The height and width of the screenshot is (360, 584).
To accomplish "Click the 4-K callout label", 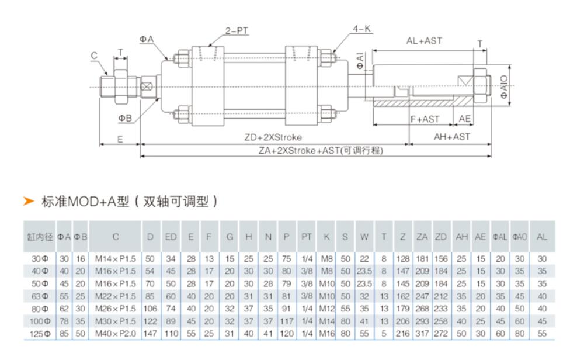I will (x=361, y=28).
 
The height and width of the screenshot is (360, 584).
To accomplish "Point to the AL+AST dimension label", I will (x=425, y=41).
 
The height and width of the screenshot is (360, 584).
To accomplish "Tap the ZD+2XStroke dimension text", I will (x=273, y=138).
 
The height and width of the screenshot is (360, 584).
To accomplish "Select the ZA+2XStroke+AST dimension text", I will (x=321, y=151).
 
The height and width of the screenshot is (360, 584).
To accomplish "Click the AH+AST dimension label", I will (x=451, y=138).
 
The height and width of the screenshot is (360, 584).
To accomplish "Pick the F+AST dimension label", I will (x=425, y=119).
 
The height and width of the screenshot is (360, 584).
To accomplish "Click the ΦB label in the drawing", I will (x=126, y=118).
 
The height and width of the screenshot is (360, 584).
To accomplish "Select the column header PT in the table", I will (x=307, y=236).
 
